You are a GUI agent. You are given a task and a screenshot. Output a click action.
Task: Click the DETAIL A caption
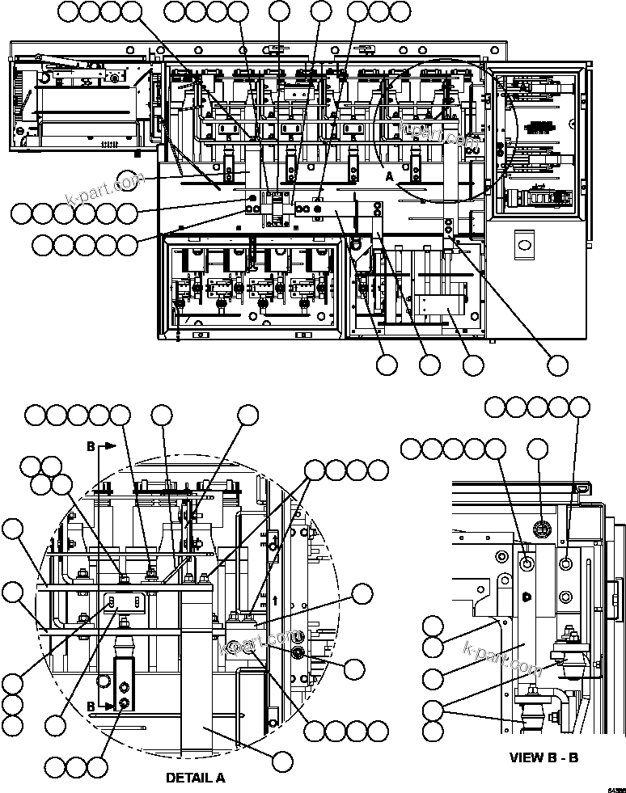point(195,778)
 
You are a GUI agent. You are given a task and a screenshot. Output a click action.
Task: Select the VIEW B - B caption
point(544,757)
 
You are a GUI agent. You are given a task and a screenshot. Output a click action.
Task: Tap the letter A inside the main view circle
point(389,175)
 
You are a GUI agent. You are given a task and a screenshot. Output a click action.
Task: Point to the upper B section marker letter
point(91,445)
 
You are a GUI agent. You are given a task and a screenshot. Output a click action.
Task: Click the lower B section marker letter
point(91,706)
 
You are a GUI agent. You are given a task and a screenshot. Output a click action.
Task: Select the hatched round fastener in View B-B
point(541,529)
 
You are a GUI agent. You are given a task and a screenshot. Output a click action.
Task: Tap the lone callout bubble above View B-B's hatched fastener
point(539,449)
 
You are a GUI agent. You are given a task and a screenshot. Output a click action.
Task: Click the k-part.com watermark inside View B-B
point(502,659)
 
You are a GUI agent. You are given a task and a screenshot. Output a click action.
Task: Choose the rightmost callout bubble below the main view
point(557,365)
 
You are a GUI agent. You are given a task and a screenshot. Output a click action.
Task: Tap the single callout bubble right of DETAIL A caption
point(281,761)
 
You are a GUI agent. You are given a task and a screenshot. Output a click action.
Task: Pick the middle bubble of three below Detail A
point(76,766)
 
